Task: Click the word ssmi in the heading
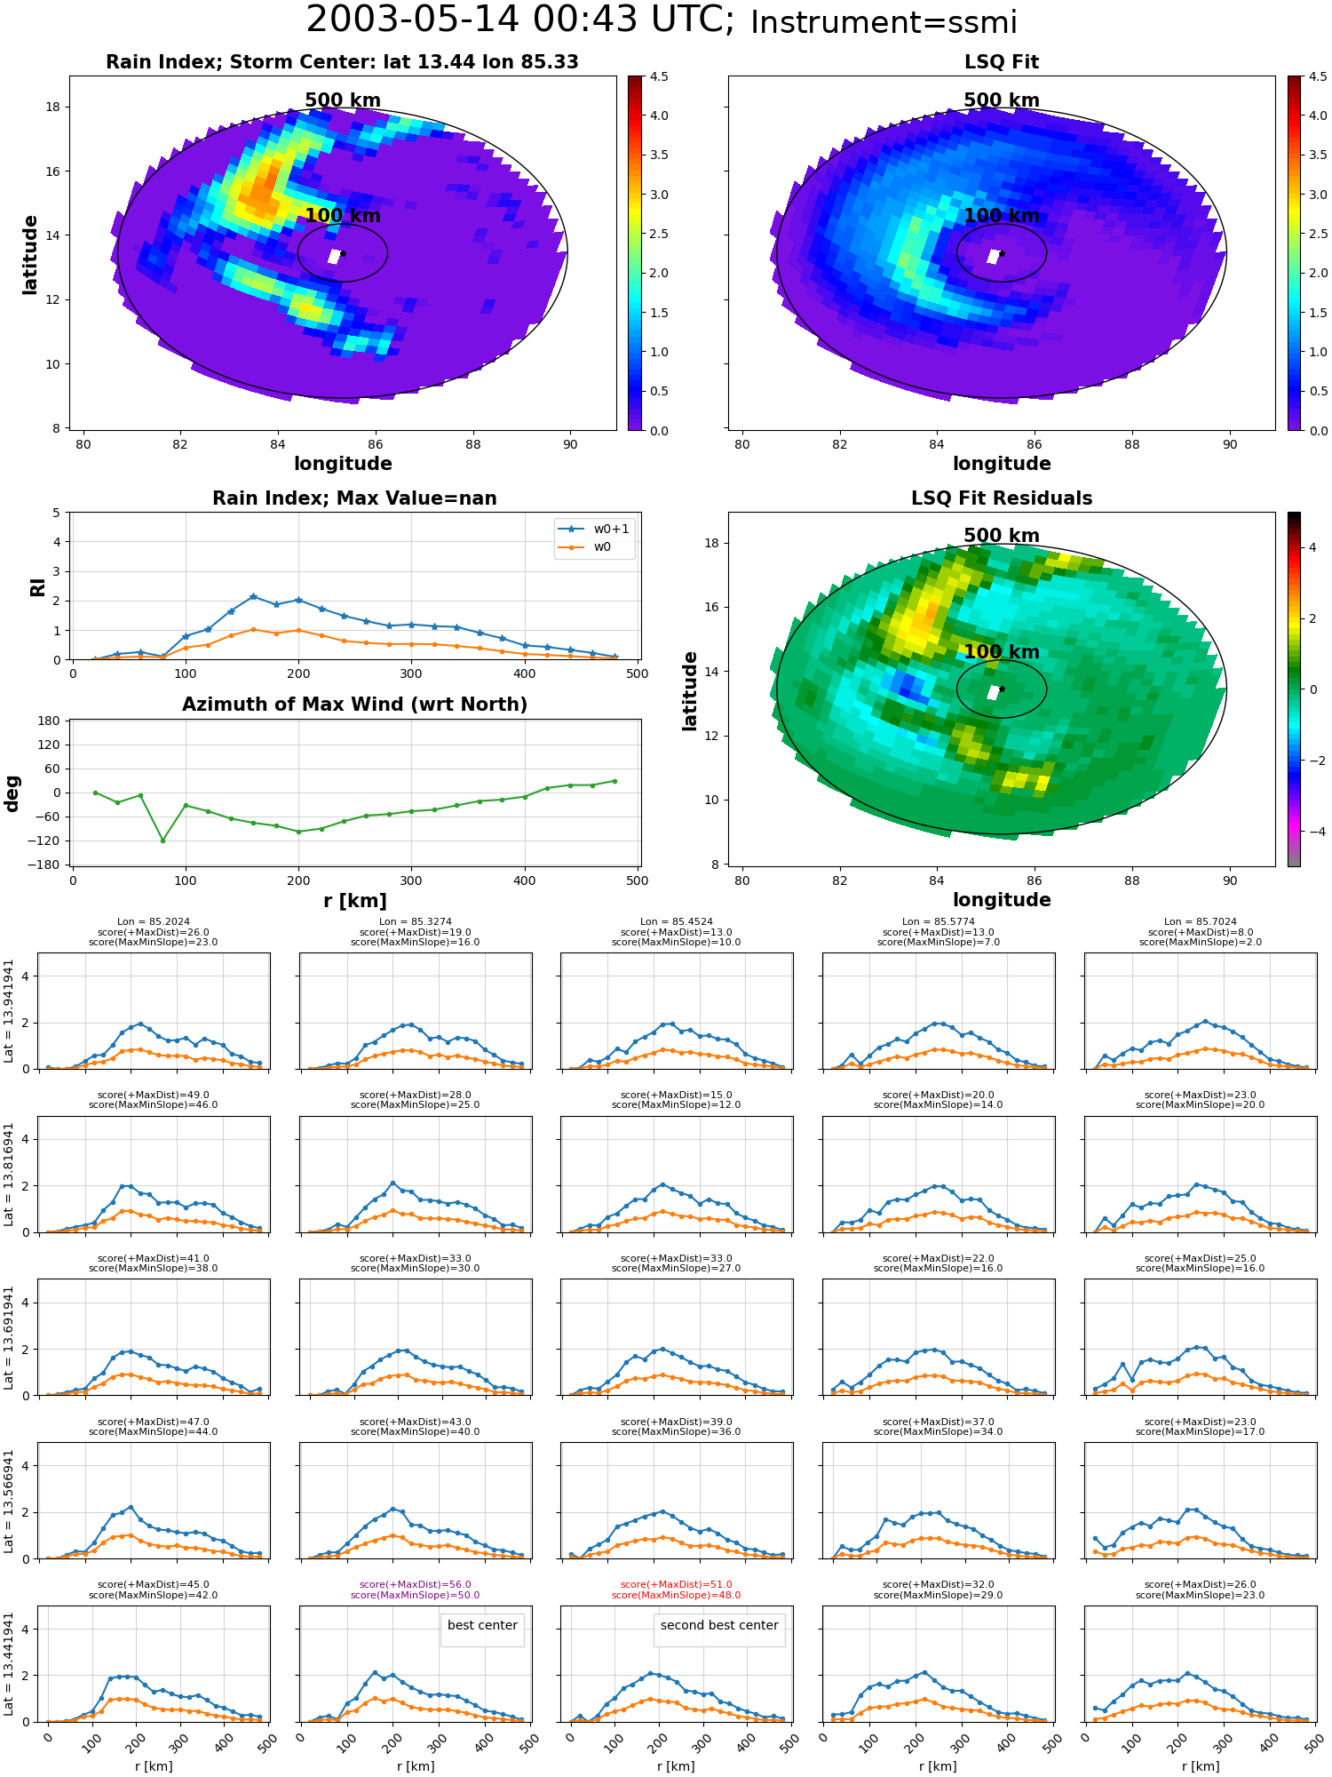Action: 978,23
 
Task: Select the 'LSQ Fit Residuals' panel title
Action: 1002,498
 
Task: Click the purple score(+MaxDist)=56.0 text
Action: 416,1584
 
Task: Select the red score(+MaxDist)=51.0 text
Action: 677,1584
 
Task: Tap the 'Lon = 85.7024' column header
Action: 1200,922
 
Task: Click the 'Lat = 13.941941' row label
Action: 9,1011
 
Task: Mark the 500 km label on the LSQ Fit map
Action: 1002,100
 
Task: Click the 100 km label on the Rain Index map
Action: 343,216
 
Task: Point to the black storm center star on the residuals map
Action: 1002,689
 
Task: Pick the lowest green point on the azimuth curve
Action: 163,841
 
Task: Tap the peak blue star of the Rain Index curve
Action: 253,596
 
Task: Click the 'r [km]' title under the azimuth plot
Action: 355,901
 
